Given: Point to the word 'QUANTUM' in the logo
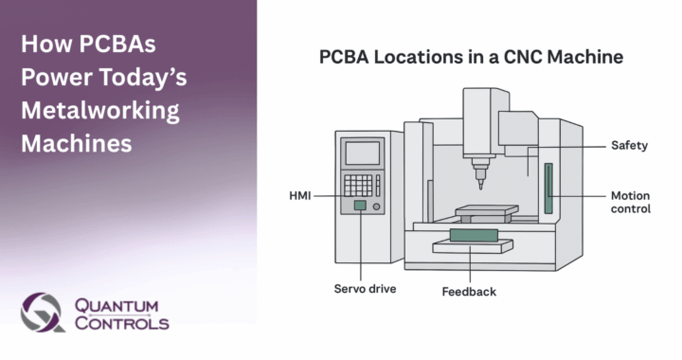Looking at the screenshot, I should click(117, 304).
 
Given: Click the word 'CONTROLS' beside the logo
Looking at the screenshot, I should click(121, 323).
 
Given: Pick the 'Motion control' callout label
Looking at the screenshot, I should click(631, 202).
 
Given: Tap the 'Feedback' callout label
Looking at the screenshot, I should click(469, 292).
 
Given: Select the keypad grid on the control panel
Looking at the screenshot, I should click(358, 184).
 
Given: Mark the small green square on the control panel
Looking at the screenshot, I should click(360, 205).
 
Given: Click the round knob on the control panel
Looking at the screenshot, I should click(378, 206).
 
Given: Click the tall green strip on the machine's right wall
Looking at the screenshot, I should click(547, 189).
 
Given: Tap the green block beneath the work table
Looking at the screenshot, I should click(473, 234).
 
